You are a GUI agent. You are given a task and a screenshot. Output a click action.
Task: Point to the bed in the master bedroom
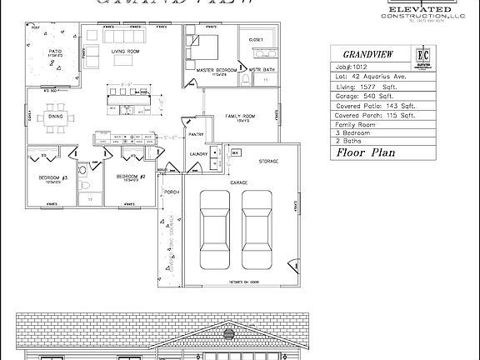click(205, 45)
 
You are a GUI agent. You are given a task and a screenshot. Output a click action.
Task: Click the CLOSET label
click(256, 39)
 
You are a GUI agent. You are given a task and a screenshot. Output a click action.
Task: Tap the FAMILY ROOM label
click(241, 116)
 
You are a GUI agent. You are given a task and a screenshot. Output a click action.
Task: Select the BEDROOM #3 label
click(52, 177)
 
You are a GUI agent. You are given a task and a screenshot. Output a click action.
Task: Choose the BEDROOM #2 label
click(131, 177)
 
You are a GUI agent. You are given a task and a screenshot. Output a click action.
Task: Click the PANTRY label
click(197, 133)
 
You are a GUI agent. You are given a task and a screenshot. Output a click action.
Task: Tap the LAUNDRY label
click(198, 154)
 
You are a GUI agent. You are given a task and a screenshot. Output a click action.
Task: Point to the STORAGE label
click(267, 161)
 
